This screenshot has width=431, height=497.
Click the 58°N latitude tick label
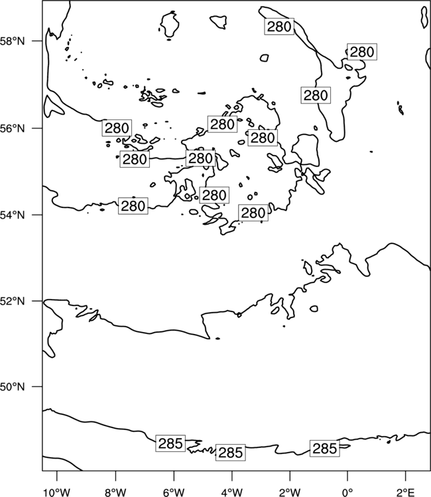[x=12, y=41]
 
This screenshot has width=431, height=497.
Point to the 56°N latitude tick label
[x=12, y=129]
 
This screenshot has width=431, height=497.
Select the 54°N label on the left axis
[x=12, y=215]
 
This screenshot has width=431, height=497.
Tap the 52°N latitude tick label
[x=12, y=301]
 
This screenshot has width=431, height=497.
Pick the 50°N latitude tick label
[x=12, y=387]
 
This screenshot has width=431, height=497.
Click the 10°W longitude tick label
[x=57, y=492]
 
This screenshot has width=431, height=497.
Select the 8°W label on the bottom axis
[x=115, y=492]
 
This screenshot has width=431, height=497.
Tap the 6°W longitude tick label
[x=174, y=492]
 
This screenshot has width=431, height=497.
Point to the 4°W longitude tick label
[x=232, y=492]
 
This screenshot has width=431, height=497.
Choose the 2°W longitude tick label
[x=290, y=492]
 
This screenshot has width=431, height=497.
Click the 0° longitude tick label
[x=347, y=492]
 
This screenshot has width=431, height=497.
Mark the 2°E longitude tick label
[x=406, y=492]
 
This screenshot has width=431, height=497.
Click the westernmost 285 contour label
[x=170, y=443]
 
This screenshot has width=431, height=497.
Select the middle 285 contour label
[x=231, y=453]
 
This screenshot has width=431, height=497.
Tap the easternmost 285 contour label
[x=324, y=449]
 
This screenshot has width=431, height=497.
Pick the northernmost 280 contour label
[x=279, y=27]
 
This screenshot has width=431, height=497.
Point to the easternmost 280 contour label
[x=362, y=52]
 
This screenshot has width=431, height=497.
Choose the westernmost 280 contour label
[x=117, y=128]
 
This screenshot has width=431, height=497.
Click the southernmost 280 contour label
[x=253, y=213]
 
